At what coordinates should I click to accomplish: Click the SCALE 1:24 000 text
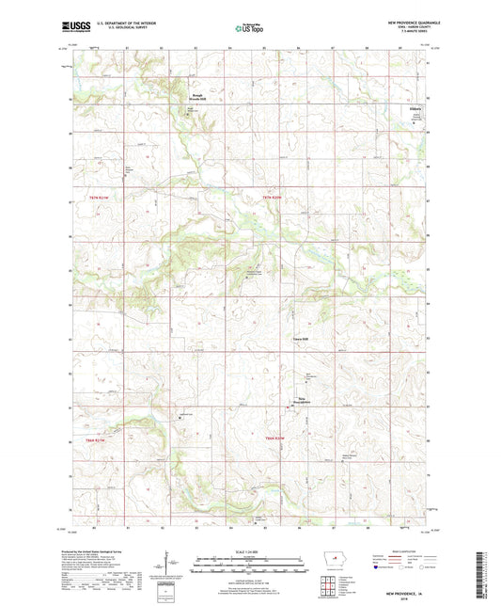pyautogui.click(x=250, y=551)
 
